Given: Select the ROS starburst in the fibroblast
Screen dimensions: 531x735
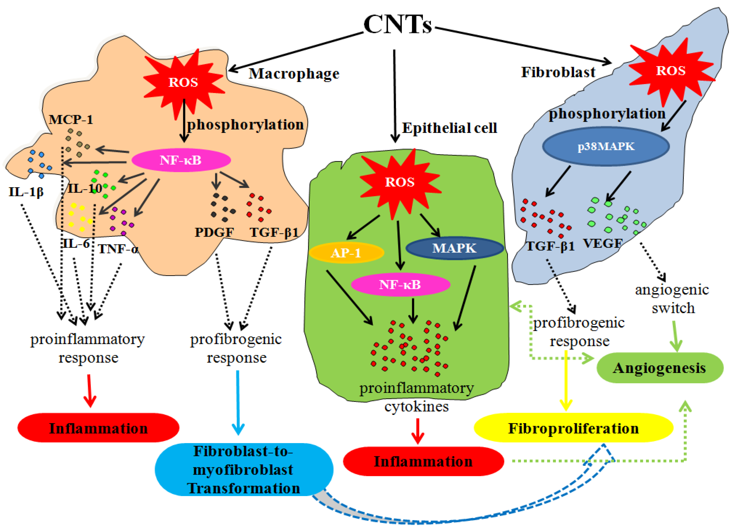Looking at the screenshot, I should click(x=671, y=71).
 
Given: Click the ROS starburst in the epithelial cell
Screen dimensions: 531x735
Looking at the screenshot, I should click(x=399, y=182).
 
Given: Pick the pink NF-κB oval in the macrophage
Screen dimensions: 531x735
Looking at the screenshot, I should click(x=181, y=160).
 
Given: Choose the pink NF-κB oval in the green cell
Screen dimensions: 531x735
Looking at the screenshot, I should click(x=400, y=285).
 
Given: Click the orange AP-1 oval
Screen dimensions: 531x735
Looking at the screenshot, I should click(x=346, y=252).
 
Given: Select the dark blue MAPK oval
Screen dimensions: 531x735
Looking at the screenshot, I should click(x=454, y=248).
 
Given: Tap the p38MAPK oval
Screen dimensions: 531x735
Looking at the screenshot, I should click(x=606, y=146).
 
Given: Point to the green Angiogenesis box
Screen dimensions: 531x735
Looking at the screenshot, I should click(x=659, y=368).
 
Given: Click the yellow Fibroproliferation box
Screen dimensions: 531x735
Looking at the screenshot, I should click(x=573, y=428).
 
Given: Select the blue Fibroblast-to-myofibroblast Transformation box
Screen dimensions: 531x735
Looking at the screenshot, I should click(x=244, y=469).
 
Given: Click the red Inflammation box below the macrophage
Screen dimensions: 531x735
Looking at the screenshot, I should click(x=98, y=428).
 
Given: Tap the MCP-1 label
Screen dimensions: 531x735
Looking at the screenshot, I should click(x=71, y=120).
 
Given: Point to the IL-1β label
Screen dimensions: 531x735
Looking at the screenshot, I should click(x=26, y=192).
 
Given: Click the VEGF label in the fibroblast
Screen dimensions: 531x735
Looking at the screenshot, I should click(x=602, y=243).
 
